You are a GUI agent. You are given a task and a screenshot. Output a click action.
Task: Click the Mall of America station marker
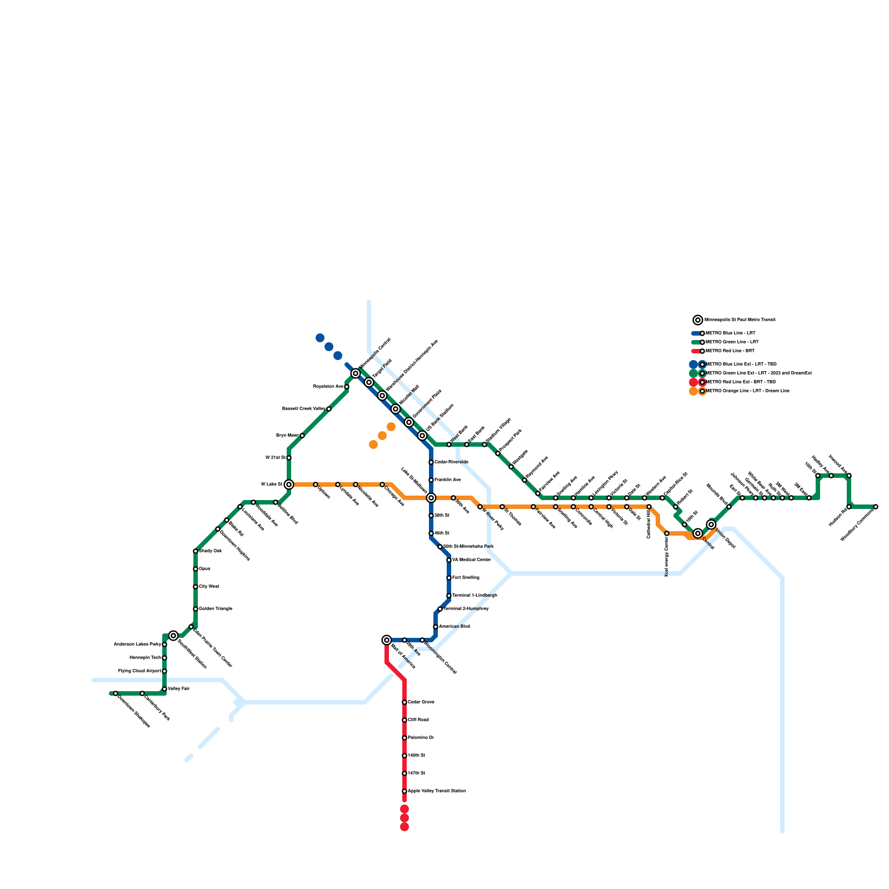(387, 640)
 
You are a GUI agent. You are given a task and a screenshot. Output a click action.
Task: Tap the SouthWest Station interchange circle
(173, 636)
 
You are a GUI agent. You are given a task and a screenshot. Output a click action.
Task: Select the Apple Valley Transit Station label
(437, 791)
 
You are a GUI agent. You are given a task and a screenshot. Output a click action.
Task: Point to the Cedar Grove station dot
(404, 702)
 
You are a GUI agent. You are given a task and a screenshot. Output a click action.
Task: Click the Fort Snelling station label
(466, 578)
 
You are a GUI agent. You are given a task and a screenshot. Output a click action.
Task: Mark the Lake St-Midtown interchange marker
(431, 498)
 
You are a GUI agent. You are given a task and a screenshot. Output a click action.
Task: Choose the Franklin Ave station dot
(431, 480)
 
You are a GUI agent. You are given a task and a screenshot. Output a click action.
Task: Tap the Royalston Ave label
(328, 386)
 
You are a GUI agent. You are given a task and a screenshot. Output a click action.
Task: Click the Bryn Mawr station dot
(302, 436)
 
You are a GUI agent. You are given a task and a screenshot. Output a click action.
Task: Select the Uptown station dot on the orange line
(316, 485)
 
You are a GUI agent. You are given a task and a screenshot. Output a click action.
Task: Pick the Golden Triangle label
(216, 609)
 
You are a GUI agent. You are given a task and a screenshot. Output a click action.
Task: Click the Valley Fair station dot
(164, 689)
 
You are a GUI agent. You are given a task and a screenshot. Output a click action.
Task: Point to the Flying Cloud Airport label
(139, 671)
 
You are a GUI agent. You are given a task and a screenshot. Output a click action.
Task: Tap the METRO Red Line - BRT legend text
(730, 351)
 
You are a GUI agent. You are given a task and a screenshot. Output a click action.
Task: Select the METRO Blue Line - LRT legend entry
(730, 333)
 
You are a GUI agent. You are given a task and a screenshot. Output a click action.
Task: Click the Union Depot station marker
(711, 525)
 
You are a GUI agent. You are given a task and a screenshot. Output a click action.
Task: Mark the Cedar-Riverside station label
(451, 462)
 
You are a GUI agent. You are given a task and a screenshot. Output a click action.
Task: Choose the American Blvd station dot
(436, 627)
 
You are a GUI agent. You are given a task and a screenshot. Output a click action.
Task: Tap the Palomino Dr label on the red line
(421, 738)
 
